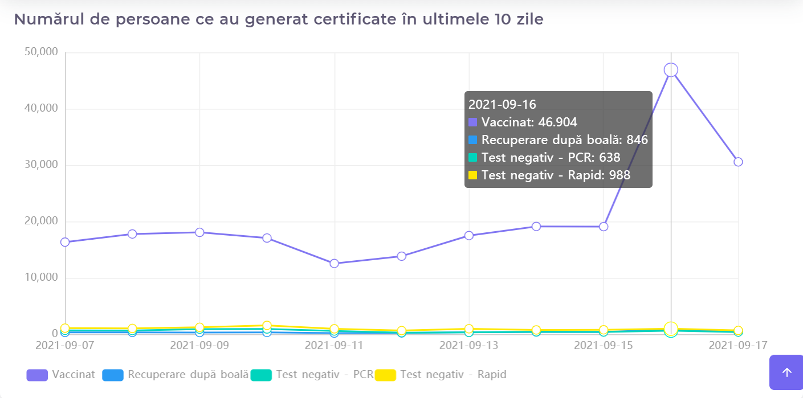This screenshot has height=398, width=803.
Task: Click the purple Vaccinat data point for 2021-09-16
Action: tap(671, 70)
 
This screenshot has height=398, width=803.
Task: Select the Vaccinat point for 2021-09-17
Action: tap(738, 162)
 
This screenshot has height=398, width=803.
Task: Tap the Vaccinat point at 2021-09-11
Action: tap(334, 263)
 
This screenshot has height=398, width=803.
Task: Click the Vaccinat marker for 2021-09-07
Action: tap(65, 242)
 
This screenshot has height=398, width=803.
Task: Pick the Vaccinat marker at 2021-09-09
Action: tap(199, 232)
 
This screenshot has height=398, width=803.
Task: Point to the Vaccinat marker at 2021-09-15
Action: tap(604, 227)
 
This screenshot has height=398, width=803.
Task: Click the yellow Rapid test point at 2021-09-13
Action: tap(469, 329)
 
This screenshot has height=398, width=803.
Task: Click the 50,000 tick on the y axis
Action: tap(41, 52)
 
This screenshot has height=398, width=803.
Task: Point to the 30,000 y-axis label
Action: tap(41, 165)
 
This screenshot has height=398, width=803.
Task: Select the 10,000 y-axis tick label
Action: tap(41, 277)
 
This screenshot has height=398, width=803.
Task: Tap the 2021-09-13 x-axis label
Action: tap(469, 346)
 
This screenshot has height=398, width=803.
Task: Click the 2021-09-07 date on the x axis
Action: tap(65, 346)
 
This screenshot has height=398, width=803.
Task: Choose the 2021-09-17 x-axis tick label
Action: tap(738, 346)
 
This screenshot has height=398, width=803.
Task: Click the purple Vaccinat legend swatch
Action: tap(37, 375)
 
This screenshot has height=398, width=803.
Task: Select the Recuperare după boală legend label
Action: tap(188, 375)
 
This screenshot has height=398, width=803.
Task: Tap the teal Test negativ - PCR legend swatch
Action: tap(261, 375)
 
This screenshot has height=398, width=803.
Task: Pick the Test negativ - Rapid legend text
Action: tap(453, 375)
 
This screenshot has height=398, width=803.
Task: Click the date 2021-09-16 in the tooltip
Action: tap(502, 104)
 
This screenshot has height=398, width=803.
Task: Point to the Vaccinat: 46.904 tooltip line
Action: tap(529, 122)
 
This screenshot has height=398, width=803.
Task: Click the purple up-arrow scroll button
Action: tap(786, 372)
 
